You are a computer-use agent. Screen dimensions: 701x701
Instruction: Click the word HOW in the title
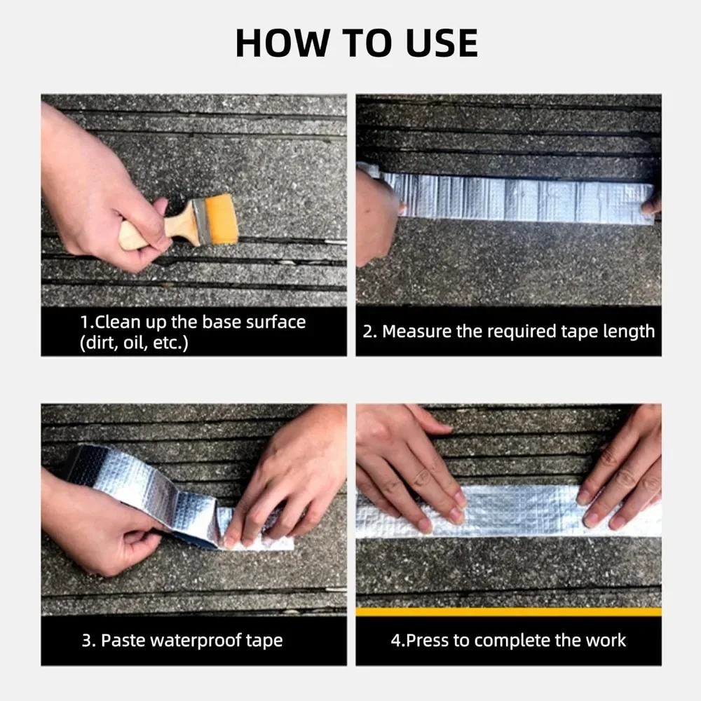282,43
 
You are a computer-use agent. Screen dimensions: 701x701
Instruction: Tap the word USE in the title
442,43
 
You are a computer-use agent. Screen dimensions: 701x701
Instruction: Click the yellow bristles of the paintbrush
220,219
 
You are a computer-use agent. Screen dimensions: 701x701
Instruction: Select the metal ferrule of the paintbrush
200,222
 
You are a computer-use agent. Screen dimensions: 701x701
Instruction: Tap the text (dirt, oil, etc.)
134,343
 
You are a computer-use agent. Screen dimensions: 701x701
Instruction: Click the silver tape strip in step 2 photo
514,197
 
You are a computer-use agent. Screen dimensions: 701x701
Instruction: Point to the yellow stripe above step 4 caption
508,612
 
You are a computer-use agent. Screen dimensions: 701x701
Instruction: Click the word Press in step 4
427,640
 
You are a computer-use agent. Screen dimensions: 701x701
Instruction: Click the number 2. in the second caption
369,332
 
